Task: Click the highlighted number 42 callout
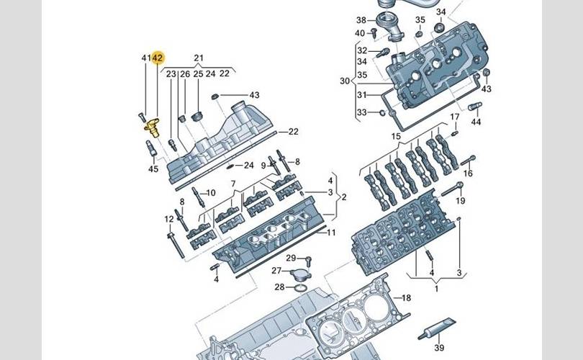(158, 58)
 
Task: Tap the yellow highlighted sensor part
(153, 127)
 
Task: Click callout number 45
(153, 169)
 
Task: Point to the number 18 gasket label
(406, 298)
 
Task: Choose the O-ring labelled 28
(301, 287)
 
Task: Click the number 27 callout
(276, 271)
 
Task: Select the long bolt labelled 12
(176, 245)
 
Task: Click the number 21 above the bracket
(199, 58)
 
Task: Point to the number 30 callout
(345, 81)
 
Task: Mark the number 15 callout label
(396, 137)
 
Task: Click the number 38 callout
(361, 20)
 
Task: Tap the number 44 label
(476, 122)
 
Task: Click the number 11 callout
(331, 233)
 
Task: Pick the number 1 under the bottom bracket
(436, 289)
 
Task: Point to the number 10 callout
(211, 193)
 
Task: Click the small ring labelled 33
(381, 112)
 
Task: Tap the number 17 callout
(455, 117)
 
